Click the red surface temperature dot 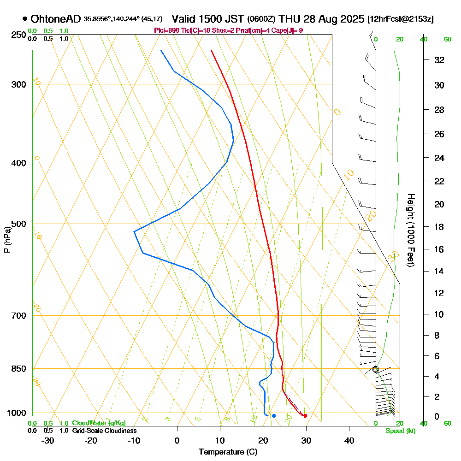tap(305, 416)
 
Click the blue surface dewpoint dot tap(274, 416)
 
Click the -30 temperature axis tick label tap(48, 440)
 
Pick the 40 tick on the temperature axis tap(349, 440)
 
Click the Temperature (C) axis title tap(228, 452)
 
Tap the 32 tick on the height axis tap(439, 60)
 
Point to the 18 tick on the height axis tap(439, 227)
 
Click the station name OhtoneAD tap(56, 19)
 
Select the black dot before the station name tap(24, 19)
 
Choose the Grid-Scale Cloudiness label tap(104, 431)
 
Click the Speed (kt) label tap(400, 431)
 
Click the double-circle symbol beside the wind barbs tap(376, 369)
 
